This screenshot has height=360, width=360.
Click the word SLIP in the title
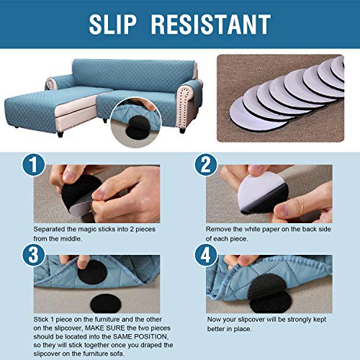click(x=112, y=24)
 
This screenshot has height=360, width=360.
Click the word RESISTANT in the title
click(x=211, y=24)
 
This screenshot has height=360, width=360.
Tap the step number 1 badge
click(x=34, y=166)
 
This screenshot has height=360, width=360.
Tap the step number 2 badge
click(x=206, y=166)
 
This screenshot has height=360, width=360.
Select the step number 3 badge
click(x=34, y=255)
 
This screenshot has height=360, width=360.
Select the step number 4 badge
click(x=206, y=255)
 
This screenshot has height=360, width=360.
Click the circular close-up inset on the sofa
click(x=136, y=122)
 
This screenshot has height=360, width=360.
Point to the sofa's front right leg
click(x=182, y=130)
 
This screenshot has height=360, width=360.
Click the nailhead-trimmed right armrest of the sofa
click(x=189, y=103)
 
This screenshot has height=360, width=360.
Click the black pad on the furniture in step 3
click(x=105, y=304)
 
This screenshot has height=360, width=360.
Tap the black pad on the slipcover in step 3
click(x=92, y=272)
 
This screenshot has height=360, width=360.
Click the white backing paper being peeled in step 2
click(x=258, y=191)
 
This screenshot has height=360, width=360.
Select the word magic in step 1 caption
click(x=88, y=229)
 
